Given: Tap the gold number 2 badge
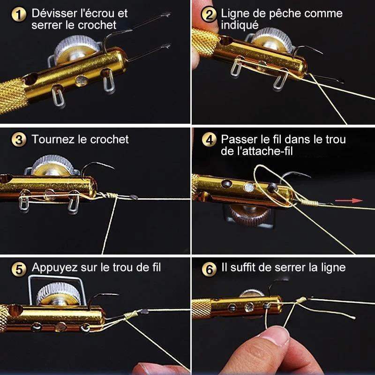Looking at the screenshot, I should tap(209, 15).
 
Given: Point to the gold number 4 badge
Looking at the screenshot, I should tap(209, 140).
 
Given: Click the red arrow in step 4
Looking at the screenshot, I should tap(357, 201).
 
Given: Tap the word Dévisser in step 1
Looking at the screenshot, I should tap(52, 13).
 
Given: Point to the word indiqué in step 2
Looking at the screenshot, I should tap(240, 25).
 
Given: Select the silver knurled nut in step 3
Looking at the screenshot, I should tap(52, 166).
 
